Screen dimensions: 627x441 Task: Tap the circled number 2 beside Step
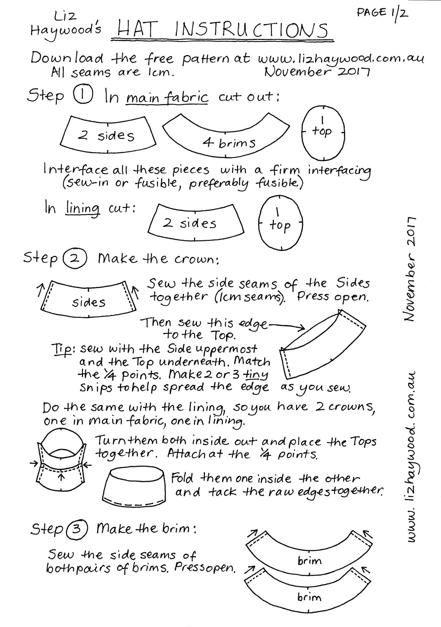coord(74,258)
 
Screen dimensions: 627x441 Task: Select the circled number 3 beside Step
coord(76,529)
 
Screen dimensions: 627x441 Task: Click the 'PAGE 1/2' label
coord(382,14)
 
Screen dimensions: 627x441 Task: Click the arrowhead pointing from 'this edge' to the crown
coord(302,327)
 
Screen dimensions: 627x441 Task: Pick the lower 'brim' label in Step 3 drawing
coord(309,597)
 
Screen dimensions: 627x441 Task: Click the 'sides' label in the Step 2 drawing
coord(89,303)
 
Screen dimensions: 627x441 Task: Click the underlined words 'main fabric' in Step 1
coord(167,97)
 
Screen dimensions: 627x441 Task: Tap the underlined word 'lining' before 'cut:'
coord(83,208)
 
